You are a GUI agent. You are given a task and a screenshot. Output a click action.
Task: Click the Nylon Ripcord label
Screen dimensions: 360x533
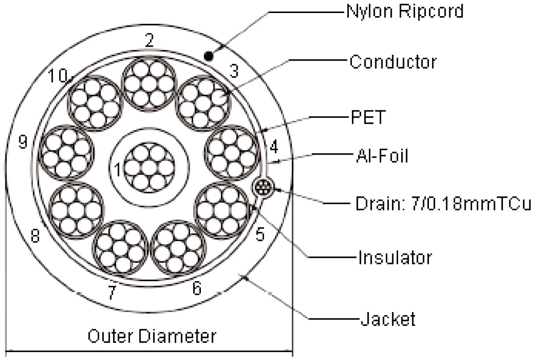pos(405,12)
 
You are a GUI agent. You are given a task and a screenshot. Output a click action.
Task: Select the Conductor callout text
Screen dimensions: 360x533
pos(393,62)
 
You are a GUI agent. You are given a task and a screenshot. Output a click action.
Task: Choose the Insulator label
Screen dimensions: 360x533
pos(394,258)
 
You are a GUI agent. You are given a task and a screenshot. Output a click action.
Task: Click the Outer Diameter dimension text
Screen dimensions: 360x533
pos(152,336)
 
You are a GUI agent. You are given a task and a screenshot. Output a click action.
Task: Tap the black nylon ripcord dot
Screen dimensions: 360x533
pos(208,56)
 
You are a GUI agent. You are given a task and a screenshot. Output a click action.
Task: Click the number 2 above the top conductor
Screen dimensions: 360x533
pos(149,41)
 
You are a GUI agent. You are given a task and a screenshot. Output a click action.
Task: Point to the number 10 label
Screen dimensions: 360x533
pos(59,77)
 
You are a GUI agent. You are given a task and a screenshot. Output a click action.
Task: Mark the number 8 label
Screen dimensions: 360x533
pos(35,236)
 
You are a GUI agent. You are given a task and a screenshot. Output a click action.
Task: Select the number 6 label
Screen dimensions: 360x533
pos(196,289)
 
